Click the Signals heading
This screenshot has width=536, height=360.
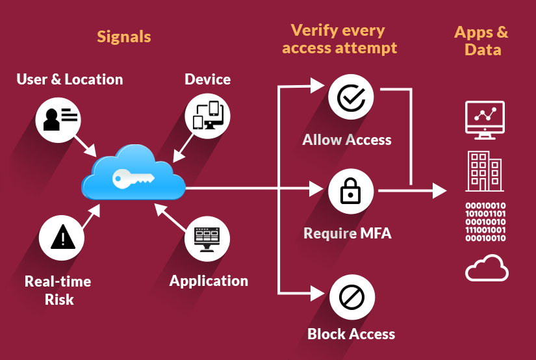(x=123, y=36)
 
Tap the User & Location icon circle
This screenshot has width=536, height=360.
(x=59, y=119)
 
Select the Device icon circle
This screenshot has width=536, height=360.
(x=208, y=116)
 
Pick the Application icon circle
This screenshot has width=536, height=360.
(x=207, y=239)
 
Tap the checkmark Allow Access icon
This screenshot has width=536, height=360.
(x=351, y=98)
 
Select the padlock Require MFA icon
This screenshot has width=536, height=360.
(x=351, y=191)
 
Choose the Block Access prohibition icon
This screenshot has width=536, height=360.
(x=351, y=298)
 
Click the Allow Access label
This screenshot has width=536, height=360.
(x=347, y=140)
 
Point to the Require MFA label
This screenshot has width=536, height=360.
(x=348, y=233)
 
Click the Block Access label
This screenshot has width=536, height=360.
(x=351, y=334)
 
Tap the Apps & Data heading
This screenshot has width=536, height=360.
(x=482, y=40)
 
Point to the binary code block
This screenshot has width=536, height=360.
(x=486, y=222)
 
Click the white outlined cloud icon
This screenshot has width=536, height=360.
(x=487, y=268)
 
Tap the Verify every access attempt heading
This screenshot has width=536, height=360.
(x=339, y=39)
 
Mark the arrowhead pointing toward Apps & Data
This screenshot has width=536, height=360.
(x=440, y=191)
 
